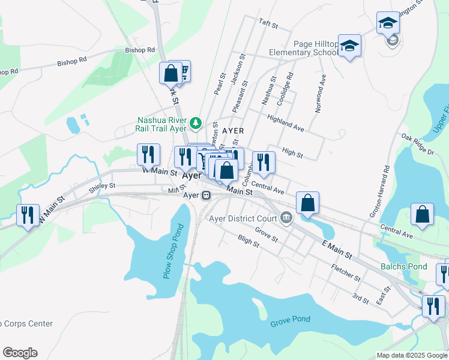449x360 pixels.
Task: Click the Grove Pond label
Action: click(290, 319)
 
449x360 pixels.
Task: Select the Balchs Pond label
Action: click(403, 266)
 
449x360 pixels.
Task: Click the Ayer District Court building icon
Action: click(286, 218)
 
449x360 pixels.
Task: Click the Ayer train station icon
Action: click(206, 196)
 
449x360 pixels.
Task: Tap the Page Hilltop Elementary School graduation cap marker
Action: click(349, 46)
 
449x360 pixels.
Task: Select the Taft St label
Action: click(268, 25)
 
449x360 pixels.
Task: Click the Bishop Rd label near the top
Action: click(140, 50)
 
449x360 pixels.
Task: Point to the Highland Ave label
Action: click(286, 124)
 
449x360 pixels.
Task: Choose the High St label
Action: click(292, 154)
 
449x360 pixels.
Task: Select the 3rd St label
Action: click(360, 298)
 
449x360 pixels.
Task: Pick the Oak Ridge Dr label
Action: click(418, 145)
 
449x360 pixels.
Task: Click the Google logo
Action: click(20, 353)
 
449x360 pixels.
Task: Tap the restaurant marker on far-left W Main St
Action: click(27, 215)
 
